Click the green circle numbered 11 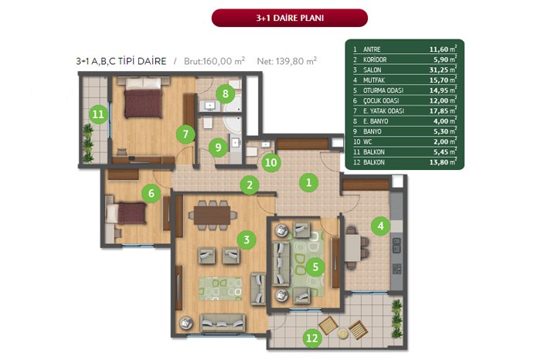[98, 114]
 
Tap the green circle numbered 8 [226, 93]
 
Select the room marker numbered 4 [380, 226]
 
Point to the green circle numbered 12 [312, 338]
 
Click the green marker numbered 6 [151, 193]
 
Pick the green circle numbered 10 [270, 162]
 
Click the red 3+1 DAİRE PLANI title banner [290, 18]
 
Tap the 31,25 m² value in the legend [443, 70]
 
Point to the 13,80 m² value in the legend [443, 161]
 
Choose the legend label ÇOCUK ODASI [381, 100]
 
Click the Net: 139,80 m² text [287, 61]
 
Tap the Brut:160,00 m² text [214, 61]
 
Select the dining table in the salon [213, 216]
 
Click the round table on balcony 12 [343, 333]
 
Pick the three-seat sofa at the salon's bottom [223, 323]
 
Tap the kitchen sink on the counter [396, 244]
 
